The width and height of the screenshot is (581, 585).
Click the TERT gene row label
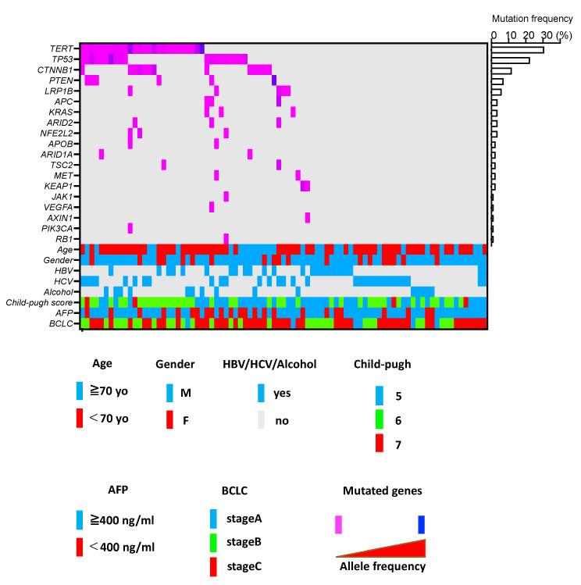click(x=63, y=48)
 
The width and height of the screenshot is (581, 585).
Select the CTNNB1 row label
click(x=58, y=70)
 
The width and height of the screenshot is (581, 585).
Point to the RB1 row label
click(x=66, y=239)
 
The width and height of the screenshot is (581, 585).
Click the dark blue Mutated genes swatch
click(x=421, y=524)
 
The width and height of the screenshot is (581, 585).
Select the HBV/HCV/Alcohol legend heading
click(x=271, y=363)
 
